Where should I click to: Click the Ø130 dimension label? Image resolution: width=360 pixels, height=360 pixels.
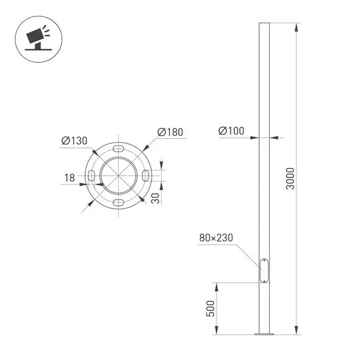(74, 140)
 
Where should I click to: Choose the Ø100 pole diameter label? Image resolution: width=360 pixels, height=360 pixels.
(231, 131)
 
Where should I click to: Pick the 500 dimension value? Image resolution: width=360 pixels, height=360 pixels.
(211, 309)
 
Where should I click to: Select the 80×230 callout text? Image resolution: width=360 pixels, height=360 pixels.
(216, 238)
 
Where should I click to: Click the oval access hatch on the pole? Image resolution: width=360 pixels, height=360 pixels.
(264, 270)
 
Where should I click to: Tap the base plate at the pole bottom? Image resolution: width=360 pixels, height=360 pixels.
(264, 334)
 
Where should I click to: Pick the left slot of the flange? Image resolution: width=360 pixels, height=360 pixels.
(92, 175)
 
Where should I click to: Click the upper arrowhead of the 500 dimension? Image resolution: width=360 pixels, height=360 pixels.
(217, 286)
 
